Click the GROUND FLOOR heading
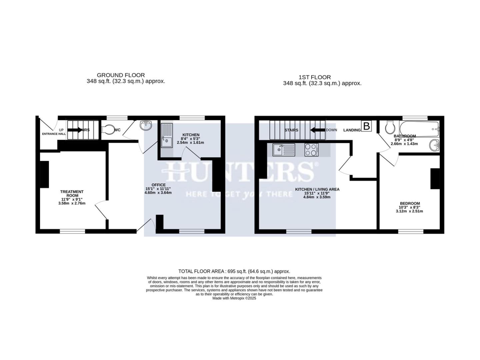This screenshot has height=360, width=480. tap(121, 75)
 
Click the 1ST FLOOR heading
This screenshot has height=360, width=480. tap(315, 77)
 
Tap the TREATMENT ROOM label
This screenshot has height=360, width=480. tap(72, 194)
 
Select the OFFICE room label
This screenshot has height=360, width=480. tap(158, 185)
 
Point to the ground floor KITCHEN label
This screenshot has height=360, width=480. tap(191, 135)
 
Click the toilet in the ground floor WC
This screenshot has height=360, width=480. tap(108, 129)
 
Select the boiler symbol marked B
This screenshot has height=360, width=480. tap(366, 126)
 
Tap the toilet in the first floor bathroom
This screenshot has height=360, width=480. tap(390, 126)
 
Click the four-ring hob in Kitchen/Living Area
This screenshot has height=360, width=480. tap(311, 150)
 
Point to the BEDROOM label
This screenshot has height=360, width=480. tap(410, 203)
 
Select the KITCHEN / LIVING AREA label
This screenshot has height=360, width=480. tap(317, 189)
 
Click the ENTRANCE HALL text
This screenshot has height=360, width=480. tap(54, 134)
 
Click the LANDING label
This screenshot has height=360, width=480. tap(352, 130)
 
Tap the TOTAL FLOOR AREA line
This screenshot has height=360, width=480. tap(234, 271)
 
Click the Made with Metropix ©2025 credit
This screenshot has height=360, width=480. tap(234, 298)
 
